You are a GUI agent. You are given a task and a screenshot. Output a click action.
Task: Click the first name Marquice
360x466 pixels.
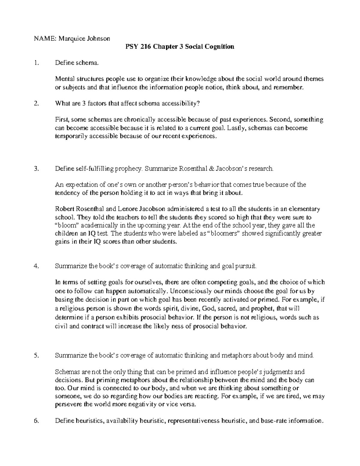(x=70, y=38)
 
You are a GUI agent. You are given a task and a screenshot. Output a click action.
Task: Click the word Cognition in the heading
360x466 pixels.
(x=219, y=47)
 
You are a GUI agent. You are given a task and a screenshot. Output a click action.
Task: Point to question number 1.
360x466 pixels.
(x=36, y=63)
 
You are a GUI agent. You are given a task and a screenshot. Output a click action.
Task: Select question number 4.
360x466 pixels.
(x=37, y=266)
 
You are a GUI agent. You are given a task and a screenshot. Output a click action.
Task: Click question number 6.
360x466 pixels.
(x=37, y=421)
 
